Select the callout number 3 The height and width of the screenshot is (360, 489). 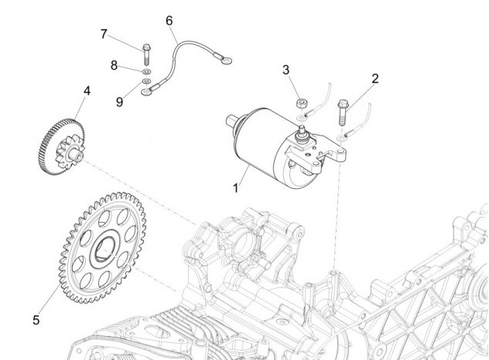(x=286, y=70)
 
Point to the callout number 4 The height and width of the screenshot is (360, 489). (x=87, y=91)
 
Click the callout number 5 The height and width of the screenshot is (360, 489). (x=36, y=317)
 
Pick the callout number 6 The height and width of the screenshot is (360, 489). (x=169, y=20)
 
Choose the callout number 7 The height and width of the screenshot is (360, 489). (x=104, y=33)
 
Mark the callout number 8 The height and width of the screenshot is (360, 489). (x=115, y=66)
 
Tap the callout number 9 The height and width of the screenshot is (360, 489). (x=120, y=101)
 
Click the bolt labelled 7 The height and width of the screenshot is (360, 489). (x=146, y=55)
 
